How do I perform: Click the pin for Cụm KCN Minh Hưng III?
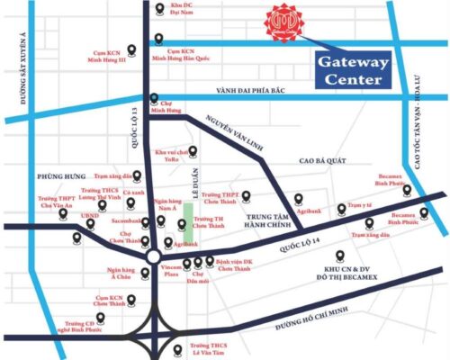tap(133, 50)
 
